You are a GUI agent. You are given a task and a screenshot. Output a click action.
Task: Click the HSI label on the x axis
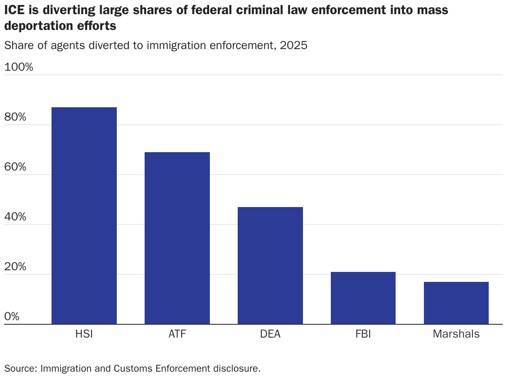point(84,334)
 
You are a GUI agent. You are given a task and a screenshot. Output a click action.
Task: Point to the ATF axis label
point(177,334)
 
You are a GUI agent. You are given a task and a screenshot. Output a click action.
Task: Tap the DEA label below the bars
point(270,334)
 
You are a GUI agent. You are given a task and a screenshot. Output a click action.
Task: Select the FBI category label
point(363,334)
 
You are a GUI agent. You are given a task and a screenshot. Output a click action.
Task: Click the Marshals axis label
point(456,334)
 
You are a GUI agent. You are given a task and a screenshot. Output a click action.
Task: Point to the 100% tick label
point(18,67)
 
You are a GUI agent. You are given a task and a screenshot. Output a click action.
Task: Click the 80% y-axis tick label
point(15,117)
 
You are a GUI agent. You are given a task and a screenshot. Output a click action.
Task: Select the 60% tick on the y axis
point(15,167)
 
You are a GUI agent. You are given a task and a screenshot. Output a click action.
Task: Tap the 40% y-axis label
point(15,217)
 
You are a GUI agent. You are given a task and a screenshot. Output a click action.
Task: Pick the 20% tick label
point(15,266)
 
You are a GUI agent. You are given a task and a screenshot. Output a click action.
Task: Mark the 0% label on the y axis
point(12,316)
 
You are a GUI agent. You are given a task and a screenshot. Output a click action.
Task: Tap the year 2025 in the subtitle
point(293,45)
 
